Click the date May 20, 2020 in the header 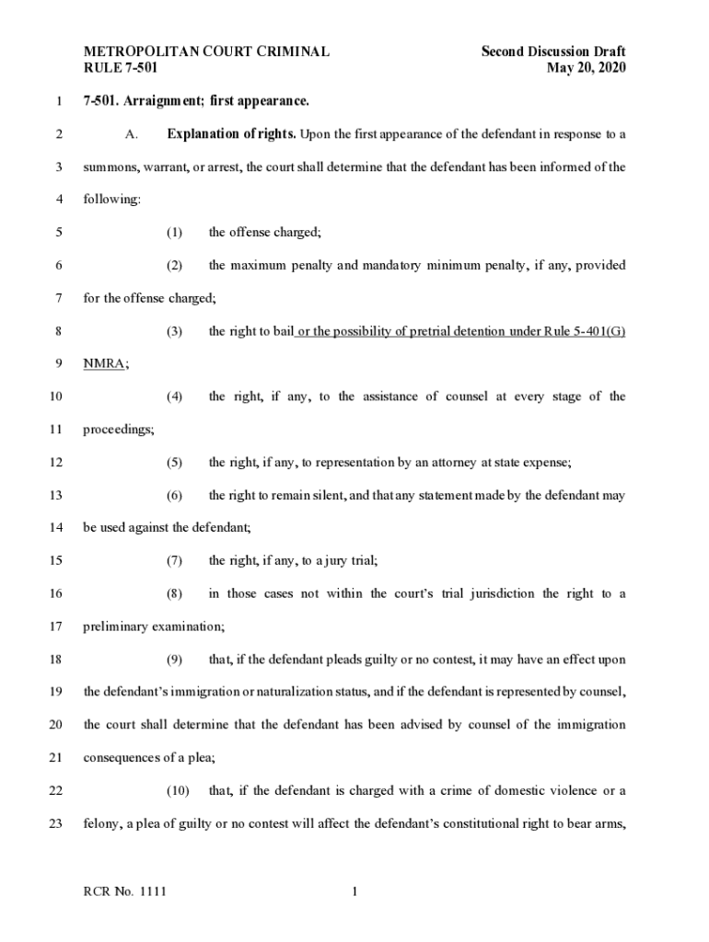coord(586,68)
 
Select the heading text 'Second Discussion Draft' coord(552,52)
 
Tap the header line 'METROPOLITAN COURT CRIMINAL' coord(206,52)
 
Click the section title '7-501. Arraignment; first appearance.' coord(196,101)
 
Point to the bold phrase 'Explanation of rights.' coord(230,134)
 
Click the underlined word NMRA coord(104,363)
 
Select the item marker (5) coord(174,462)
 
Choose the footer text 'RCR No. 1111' coord(125,891)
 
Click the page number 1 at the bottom coord(354,891)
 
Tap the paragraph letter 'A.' coord(131,135)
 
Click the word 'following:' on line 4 coord(109,200)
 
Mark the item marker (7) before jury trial coord(174,560)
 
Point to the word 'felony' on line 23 coord(103,823)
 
